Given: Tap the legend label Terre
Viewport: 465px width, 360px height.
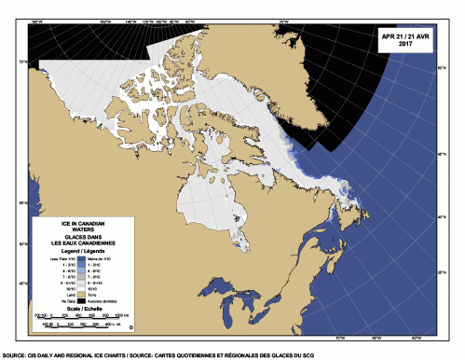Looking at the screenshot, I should point(104,295).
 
